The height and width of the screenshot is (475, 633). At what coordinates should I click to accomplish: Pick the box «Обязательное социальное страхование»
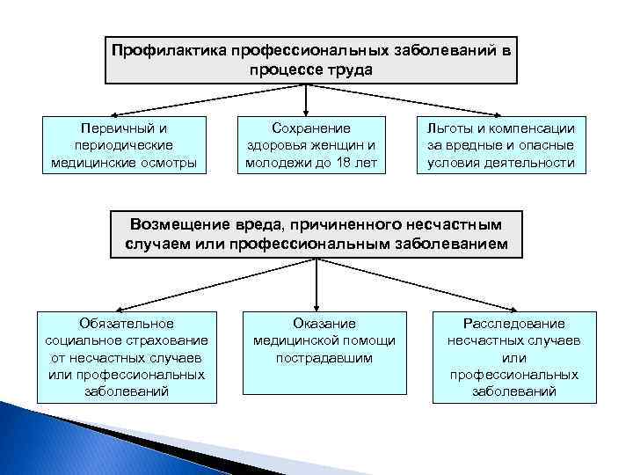(x=127, y=356)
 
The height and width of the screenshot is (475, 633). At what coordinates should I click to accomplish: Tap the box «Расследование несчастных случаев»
(x=514, y=356)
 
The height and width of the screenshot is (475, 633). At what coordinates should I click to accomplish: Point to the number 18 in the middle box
(x=345, y=163)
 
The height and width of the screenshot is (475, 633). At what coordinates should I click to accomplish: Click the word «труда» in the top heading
(x=352, y=68)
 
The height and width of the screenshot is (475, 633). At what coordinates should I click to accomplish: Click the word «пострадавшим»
(x=324, y=357)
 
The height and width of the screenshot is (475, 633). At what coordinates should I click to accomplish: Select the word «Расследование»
(x=514, y=324)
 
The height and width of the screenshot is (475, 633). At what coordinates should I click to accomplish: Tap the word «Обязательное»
(x=127, y=324)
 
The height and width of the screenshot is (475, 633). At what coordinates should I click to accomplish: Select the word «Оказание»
(x=324, y=324)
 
